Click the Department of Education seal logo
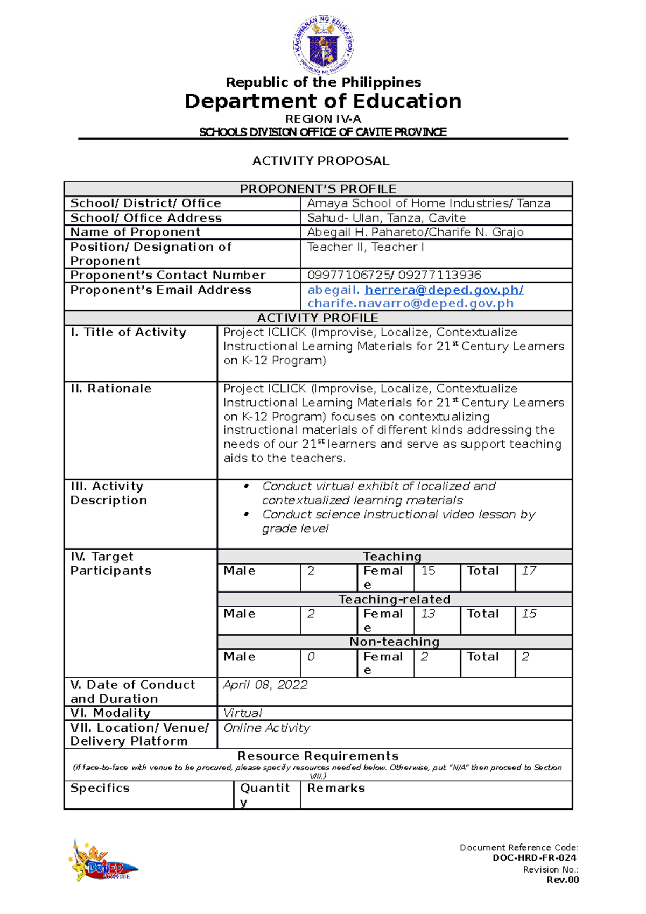pyautogui.click(x=323, y=45)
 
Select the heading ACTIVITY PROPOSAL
pyautogui.click(x=321, y=161)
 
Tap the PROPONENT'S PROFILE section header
pyautogui.click(x=318, y=189)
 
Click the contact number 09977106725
pyautogui.click(x=349, y=275)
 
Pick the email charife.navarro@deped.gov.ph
pyautogui.click(x=410, y=304)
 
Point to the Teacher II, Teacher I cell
pyautogui.click(x=366, y=247)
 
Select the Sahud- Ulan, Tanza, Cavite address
pyautogui.click(x=386, y=218)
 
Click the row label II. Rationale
pyautogui.click(x=111, y=389)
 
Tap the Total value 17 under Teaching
pyautogui.click(x=529, y=571)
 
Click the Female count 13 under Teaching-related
pyautogui.click(x=428, y=614)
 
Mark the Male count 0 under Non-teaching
pyautogui.click(x=311, y=657)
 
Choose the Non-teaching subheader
pyautogui.click(x=394, y=642)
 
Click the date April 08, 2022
pyautogui.click(x=265, y=685)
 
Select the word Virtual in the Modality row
pyautogui.click(x=243, y=713)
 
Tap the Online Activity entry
pyautogui.click(x=266, y=728)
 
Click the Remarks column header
pyautogui.click(x=336, y=788)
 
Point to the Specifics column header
pyautogui.click(x=100, y=788)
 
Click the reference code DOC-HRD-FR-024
pyautogui.click(x=534, y=858)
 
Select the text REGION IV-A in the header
pyautogui.click(x=323, y=119)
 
